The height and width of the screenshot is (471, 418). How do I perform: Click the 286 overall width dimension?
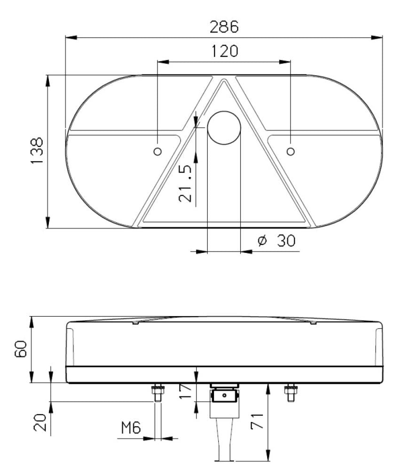click(224, 27)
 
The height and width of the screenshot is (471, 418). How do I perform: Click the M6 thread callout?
click(131, 428)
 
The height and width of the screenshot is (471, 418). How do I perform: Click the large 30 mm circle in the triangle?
click(224, 128)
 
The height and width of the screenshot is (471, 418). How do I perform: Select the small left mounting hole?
click(158, 151)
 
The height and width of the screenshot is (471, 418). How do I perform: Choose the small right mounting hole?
click(291, 151)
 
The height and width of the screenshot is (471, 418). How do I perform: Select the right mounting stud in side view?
click(290, 392)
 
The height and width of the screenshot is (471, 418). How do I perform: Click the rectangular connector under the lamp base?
click(224, 396)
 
